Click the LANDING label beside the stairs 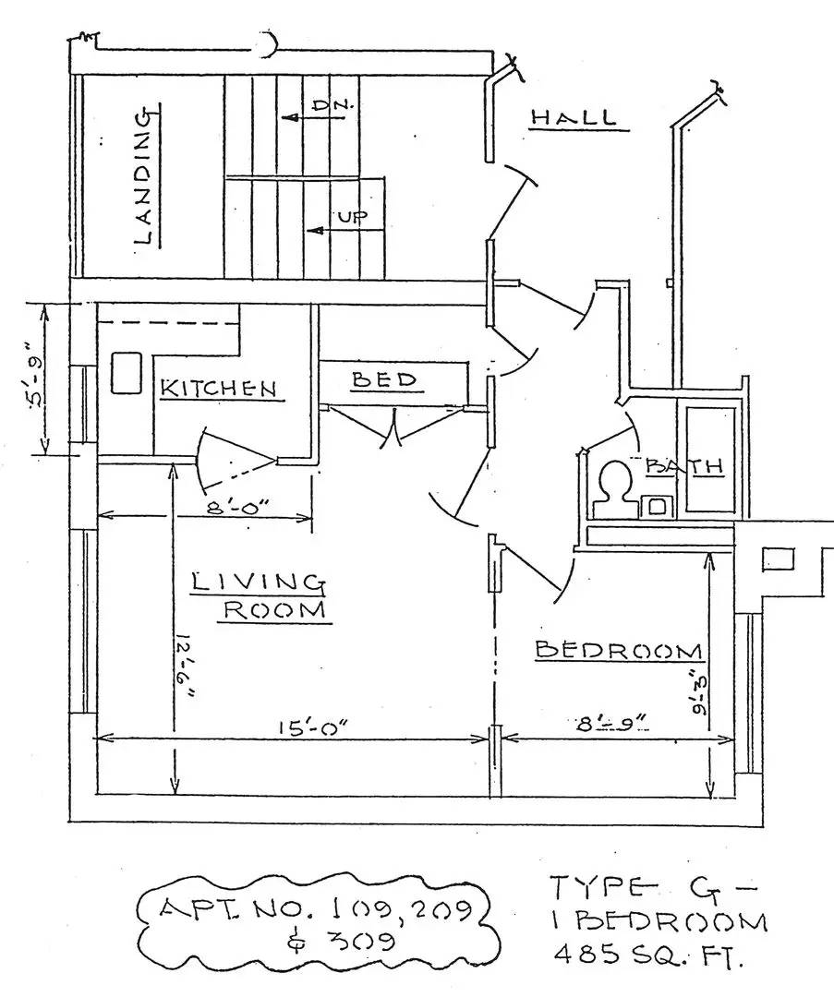[x=142, y=176]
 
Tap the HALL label [x=573, y=118]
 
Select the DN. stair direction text [x=328, y=105]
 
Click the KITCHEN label [x=219, y=389]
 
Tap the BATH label [x=684, y=466]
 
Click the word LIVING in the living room [x=258, y=582]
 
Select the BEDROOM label [x=618, y=651]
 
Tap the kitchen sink [x=125, y=374]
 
